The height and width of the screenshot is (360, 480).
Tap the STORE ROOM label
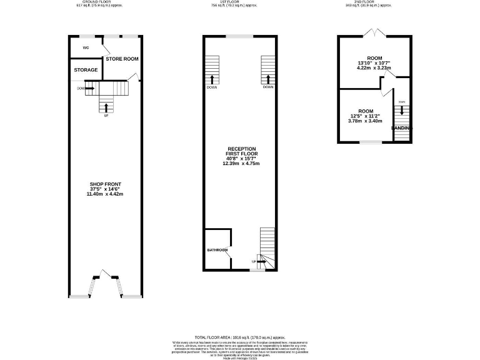point(122,59)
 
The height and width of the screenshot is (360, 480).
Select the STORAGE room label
point(86,70)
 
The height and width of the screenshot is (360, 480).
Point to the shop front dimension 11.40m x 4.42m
point(105,194)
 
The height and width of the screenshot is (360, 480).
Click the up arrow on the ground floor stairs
point(106,107)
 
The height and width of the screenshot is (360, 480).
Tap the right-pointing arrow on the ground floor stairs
point(89,89)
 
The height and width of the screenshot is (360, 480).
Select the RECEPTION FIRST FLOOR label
point(242,151)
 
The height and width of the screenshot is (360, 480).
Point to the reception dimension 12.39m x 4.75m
point(242,164)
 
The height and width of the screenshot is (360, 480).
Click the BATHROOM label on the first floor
point(217,250)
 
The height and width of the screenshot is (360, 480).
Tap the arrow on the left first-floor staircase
point(212,79)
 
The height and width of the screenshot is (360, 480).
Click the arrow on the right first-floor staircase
point(268,79)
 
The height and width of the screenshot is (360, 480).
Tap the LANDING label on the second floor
point(402,128)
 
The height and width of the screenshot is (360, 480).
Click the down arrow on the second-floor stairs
point(402,111)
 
